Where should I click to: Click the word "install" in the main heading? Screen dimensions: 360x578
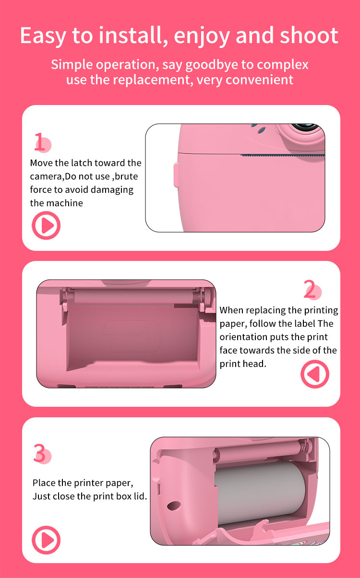tap(132, 35)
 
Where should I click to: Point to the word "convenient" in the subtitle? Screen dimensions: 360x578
tap(259, 80)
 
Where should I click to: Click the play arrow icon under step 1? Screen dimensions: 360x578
tap(46, 225)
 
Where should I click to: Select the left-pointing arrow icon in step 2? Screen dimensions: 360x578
tap(315, 374)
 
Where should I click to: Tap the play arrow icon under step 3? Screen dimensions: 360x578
tap(46, 540)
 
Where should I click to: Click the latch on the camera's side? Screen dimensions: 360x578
tap(176, 175)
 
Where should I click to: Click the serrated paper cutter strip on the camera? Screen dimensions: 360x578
tap(283, 155)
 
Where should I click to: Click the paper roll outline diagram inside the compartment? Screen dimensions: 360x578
tap(131, 335)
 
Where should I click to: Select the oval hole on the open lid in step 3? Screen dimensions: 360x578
tap(174, 506)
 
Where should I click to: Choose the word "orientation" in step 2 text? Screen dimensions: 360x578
tap(243, 337)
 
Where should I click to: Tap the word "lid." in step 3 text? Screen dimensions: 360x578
tap(140, 496)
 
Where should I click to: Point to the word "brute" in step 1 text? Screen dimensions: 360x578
tap(126, 176)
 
